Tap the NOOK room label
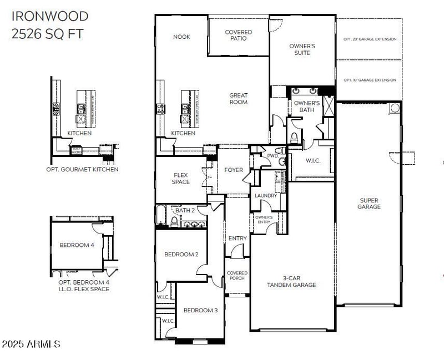[x=181, y=37]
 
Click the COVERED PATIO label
[x=238, y=36]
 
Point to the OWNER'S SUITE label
[x=303, y=49]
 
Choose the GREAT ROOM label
[x=238, y=99]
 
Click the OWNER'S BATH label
[x=306, y=107]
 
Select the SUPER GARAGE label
[x=369, y=204]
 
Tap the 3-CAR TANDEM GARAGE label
[x=291, y=281]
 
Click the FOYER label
[x=234, y=170]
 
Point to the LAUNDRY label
[x=266, y=196]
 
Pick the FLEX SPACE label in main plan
[x=181, y=178]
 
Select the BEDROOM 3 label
[x=200, y=310]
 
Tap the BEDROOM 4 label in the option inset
[x=77, y=245]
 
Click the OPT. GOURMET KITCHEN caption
[x=82, y=169]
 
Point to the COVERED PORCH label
[x=237, y=276]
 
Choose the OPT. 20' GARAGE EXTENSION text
[x=370, y=39]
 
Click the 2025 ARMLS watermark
[x=31, y=344]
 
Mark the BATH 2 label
[x=185, y=211]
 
